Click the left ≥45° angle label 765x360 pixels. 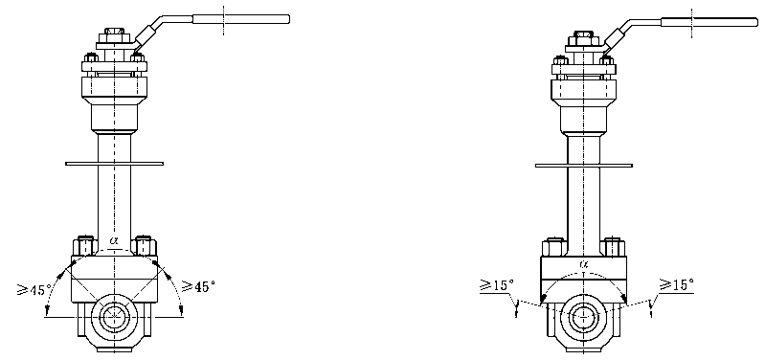[34, 290]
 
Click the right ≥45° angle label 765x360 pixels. [198, 286]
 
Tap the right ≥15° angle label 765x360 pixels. [676, 284]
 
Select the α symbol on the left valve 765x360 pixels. [114, 240]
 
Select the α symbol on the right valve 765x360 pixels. [584, 264]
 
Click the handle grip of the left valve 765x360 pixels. [241, 19]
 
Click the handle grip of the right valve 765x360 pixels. [709, 22]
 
